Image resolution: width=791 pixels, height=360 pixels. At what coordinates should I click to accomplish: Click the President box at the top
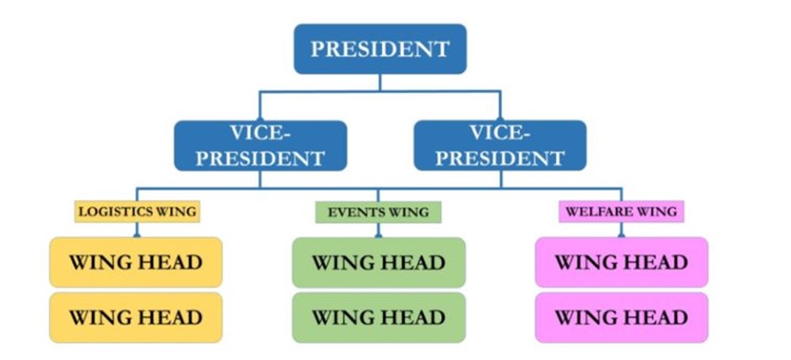tap(379, 49)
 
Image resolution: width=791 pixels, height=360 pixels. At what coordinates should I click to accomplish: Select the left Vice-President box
tap(260, 145)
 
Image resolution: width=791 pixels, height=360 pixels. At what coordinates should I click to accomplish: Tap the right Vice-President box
tap(500, 145)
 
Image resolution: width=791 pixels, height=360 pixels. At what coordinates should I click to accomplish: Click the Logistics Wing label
tap(137, 211)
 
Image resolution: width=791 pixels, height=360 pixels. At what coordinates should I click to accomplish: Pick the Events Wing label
tap(379, 212)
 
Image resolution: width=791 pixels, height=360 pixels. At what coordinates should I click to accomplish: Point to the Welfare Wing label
tap(621, 211)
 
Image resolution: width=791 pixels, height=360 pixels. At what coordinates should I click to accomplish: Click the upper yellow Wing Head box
tap(136, 262)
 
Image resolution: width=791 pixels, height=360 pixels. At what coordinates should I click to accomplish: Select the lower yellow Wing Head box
tap(136, 317)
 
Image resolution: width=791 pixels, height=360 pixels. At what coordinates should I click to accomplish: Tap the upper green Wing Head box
tap(379, 262)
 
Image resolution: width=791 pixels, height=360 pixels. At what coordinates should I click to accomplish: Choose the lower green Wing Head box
tap(379, 317)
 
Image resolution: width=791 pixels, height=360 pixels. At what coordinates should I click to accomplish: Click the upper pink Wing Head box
tap(621, 262)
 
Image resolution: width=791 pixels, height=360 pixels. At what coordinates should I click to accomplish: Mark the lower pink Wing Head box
tap(621, 317)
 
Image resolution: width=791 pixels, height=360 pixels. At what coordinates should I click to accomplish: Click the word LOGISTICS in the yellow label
tap(115, 211)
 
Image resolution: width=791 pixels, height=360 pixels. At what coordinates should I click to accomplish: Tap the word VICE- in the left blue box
tap(261, 133)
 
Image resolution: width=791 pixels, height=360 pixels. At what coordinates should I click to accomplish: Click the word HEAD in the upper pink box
tap(659, 262)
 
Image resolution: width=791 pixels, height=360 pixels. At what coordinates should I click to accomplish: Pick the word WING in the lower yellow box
tap(97, 317)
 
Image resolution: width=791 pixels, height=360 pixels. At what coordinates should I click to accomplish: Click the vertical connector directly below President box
tap(379, 83)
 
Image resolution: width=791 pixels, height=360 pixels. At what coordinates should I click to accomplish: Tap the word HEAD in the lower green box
tap(416, 317)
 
